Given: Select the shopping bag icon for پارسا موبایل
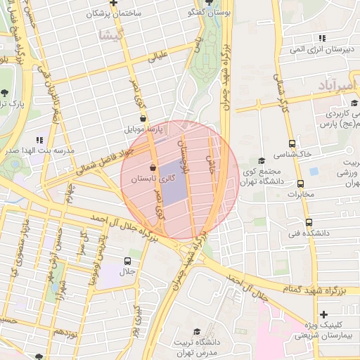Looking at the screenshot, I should coord(143,118).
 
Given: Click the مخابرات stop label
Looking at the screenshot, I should coord(300,195).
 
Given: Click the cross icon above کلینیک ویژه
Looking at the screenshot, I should coord(323,314).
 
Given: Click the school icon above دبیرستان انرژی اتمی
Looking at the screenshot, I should coord(321,38).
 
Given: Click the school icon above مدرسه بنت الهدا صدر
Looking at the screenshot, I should coord(39,140).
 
